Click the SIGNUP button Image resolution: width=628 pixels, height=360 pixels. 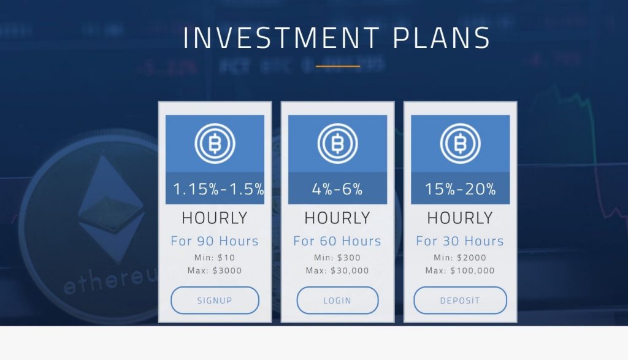point(215,301)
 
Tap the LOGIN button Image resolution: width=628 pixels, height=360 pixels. point(337,301)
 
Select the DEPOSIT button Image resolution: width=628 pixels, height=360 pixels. point(460,301)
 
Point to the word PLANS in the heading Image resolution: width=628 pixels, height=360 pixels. point(442,38)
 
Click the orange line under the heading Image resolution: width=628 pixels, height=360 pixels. point(338,66)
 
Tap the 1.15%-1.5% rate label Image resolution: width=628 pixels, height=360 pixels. point(218,189)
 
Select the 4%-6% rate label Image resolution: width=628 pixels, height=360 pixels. point(337,189)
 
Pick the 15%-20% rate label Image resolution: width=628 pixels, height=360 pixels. point(460,189)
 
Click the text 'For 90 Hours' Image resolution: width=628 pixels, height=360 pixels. point(215,241)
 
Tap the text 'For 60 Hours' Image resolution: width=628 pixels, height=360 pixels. point(337,241)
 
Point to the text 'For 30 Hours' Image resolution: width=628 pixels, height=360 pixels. point(460,241)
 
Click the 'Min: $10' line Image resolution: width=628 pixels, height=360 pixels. point(215,258)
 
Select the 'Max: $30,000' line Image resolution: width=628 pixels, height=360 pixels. point(337,270)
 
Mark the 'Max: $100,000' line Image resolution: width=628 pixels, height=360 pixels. point(460,270)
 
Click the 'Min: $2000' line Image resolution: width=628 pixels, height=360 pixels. point(460,258)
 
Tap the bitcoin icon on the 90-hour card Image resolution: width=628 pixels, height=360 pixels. point(215,144)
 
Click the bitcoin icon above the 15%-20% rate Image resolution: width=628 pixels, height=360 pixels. point(460,144)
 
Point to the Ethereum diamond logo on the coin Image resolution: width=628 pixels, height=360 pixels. point(111,209)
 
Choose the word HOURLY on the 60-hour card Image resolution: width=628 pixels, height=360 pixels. point(337,218)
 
